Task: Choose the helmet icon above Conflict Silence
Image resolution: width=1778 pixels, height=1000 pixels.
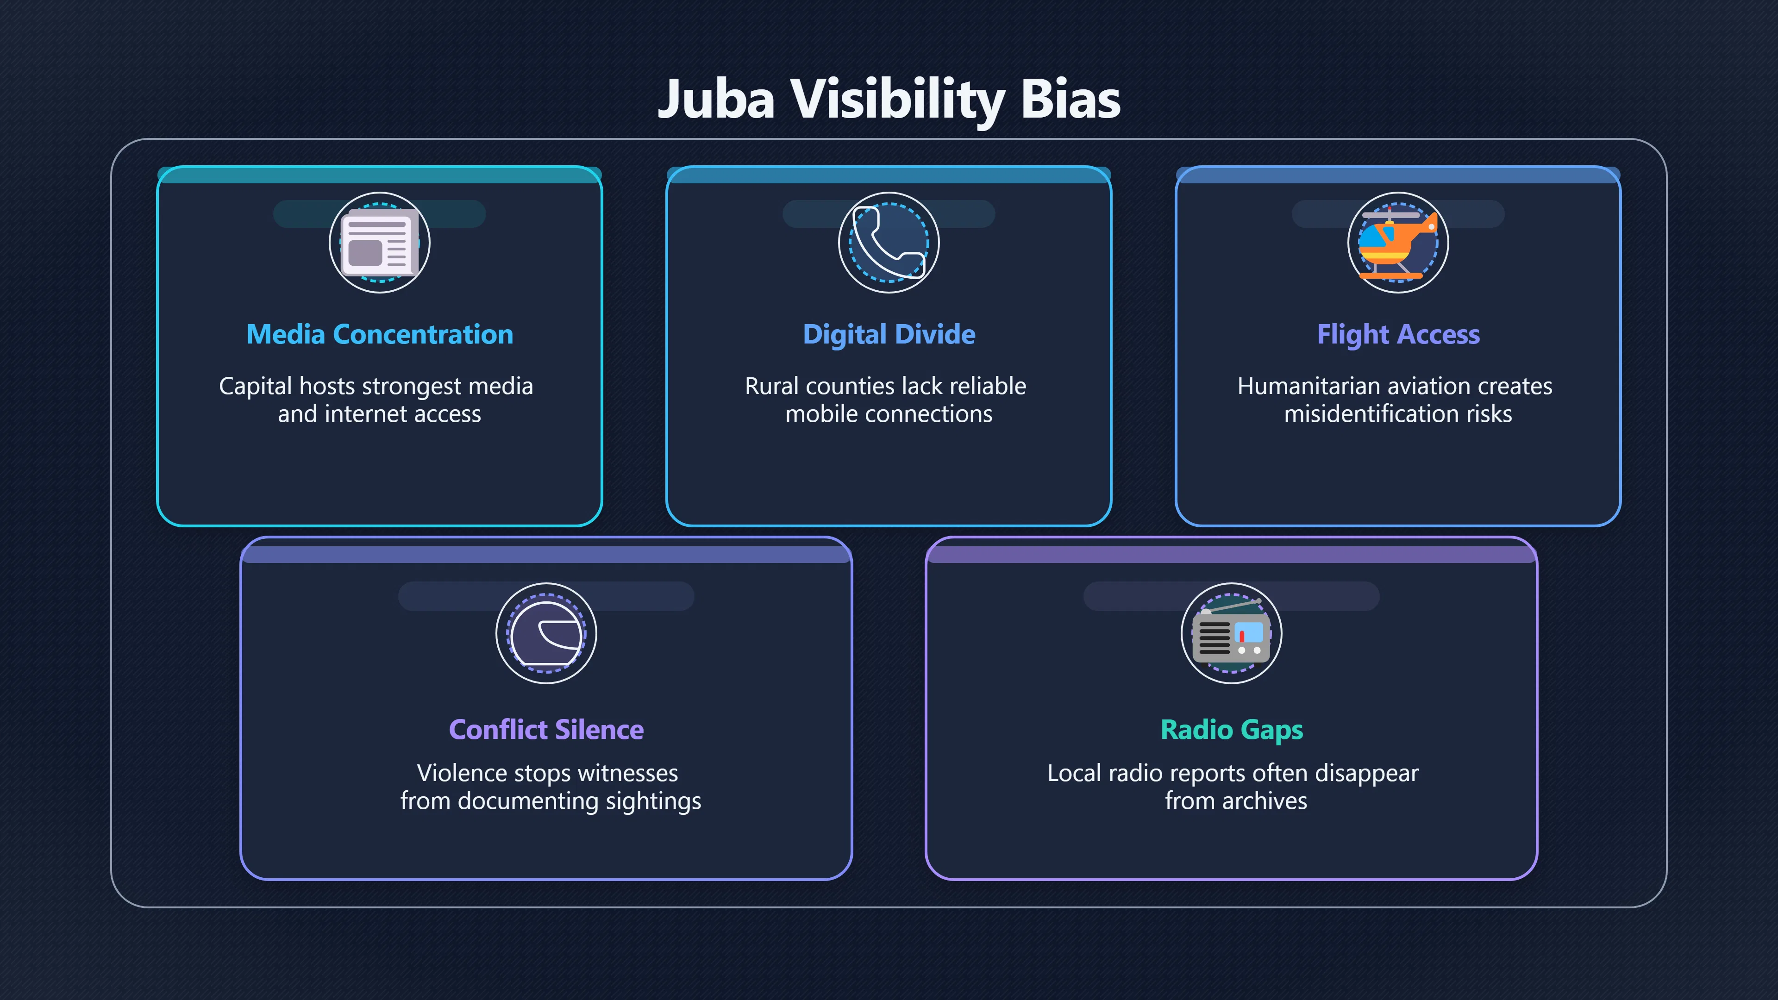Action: pyautogui.click(x=547, y=633)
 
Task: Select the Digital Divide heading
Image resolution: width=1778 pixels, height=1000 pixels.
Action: pyautogui.click(x=889, y=335)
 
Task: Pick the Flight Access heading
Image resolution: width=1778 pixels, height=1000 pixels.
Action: pyautogui.click(x=1398, y=335)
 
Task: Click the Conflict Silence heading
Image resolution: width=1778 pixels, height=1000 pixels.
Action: pyautogui.click(x=547, y=730)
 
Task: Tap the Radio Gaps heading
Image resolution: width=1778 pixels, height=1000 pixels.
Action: pyautogui.click(x=1232, y=730)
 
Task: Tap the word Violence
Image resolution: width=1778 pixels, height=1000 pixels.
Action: pyautogui.click(x=462, y=773)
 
